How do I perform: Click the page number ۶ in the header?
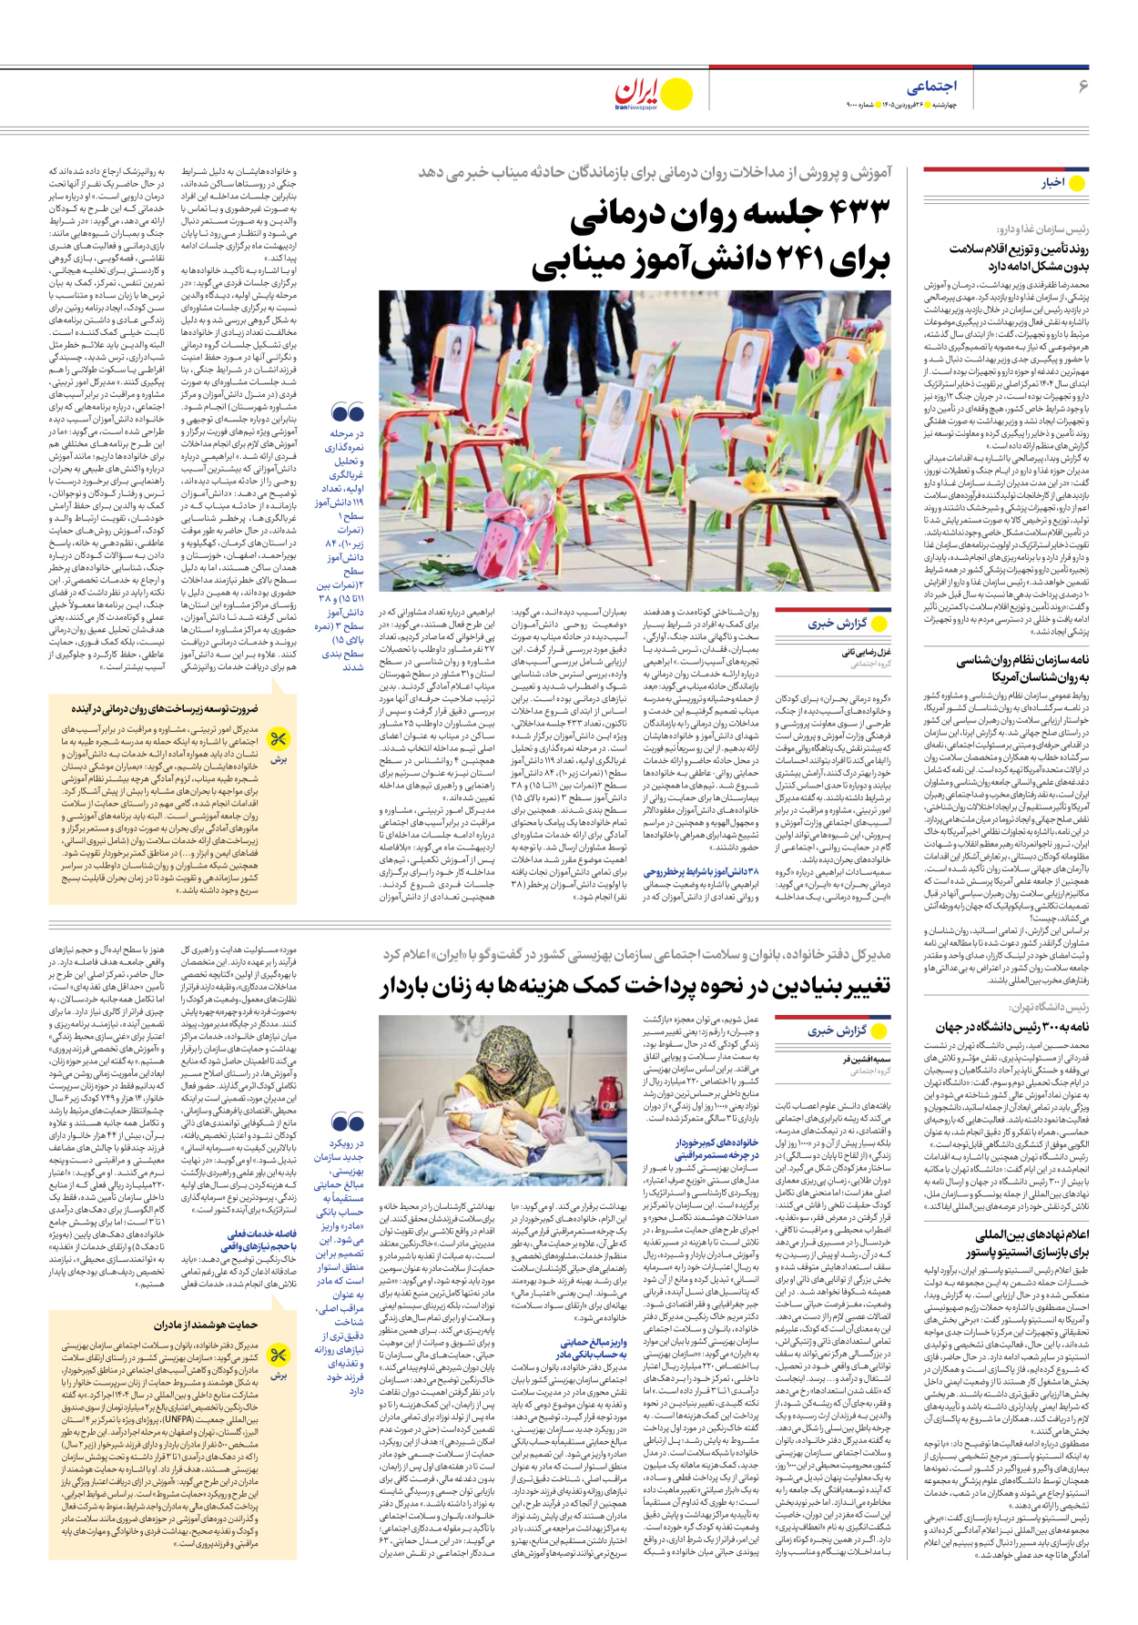(1083, 86)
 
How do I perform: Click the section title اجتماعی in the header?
(931, 86)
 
